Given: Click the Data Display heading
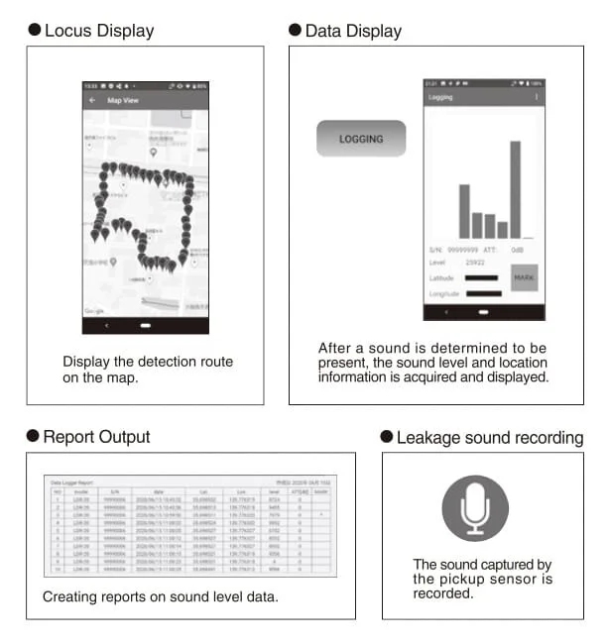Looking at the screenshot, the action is point(353,31).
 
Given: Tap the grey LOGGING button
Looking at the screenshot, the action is point(361,139).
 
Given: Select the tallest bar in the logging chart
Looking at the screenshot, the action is point(515,189).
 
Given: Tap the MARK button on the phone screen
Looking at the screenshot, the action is point(524,277).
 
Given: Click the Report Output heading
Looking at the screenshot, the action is point(96,437).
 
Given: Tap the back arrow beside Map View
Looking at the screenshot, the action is point(92,100).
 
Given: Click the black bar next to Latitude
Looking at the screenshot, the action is point(482,278).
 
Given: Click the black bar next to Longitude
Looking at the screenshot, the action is point(482,293).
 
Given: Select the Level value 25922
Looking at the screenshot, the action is point(475,263).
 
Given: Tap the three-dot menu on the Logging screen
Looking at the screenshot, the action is point(537,97).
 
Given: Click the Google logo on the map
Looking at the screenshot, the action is point(94,311).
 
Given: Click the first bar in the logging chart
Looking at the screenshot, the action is point(463,211).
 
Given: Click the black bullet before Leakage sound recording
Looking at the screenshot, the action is point(387,438).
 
